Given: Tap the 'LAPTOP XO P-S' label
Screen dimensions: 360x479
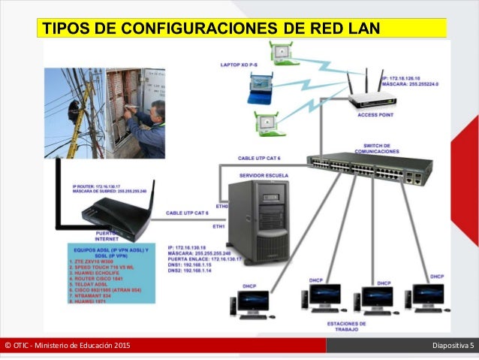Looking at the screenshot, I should tap(239, 65).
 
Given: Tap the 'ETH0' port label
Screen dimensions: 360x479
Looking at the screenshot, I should tap(221, 204).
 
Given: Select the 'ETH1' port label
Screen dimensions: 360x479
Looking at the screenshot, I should tap(219, 225).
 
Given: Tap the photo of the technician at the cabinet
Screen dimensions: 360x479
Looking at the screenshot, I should tap(135, 113).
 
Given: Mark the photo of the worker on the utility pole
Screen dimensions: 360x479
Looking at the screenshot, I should tap(74, 113).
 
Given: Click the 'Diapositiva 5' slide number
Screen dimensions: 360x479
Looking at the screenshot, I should tap(453, 345).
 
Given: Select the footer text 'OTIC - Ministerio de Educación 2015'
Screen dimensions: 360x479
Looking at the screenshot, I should tap(67, 345).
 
